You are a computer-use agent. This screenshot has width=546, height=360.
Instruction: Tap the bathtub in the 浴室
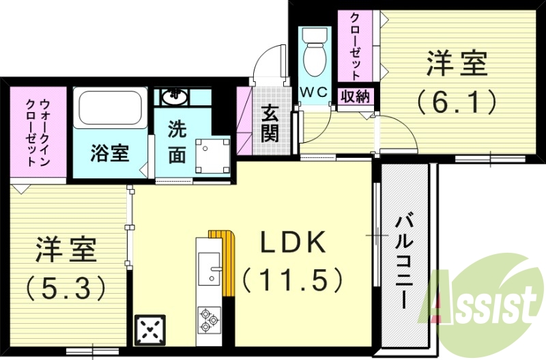coord(109,108)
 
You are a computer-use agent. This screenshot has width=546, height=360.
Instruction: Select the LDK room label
coord(285,242)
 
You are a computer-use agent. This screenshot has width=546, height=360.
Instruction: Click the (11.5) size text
coord(291,278)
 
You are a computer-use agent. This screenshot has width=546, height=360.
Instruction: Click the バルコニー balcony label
coord(404,260)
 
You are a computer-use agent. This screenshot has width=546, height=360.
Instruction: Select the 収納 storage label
coord(356,96)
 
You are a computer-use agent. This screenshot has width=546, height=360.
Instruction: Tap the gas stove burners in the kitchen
coord(209,318)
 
